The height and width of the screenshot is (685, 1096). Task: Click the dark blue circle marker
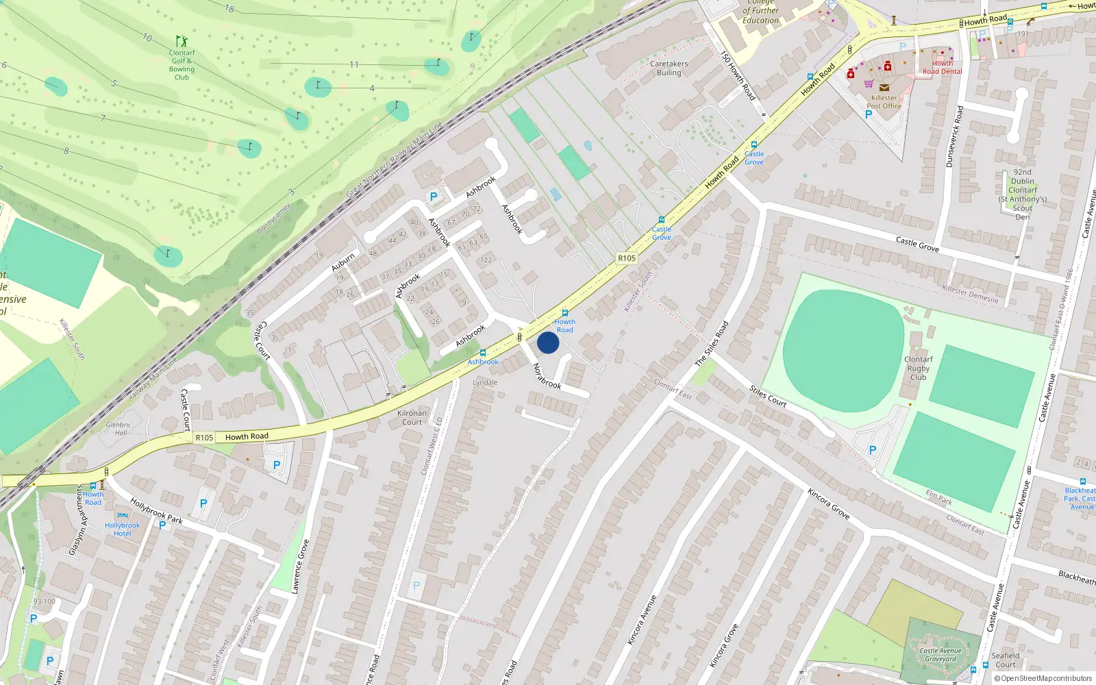click(548, 342)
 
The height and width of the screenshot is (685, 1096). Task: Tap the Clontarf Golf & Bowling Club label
click(182, 65)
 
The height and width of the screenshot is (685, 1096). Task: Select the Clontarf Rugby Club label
click(918, 368)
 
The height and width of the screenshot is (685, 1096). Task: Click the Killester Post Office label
click(884, 102)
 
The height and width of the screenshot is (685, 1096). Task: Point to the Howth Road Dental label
click(942, 67)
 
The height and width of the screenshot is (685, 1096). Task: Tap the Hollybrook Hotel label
click(123, 529)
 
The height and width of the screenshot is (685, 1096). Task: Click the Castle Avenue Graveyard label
click(940, 655)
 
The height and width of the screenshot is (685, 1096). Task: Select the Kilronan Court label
click(412, 417)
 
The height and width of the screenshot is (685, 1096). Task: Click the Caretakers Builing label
click(669, 68)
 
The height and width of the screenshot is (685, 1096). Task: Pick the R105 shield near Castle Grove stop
click(626, 258)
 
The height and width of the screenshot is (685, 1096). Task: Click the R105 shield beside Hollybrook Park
click(204, 438)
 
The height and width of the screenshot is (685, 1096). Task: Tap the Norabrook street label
click(547, 376)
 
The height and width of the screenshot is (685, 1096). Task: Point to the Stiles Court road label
click(767, 396)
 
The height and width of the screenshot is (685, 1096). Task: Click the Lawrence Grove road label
click(300, 566)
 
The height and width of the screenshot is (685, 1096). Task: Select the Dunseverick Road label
click(954, 136)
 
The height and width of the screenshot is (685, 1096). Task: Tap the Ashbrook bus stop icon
click(483, 353)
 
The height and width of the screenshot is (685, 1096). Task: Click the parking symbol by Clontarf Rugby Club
click(872, 450)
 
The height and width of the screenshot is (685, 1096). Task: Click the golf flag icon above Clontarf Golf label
click(181, 41)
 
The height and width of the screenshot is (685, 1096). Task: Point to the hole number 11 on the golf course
click(354, 64)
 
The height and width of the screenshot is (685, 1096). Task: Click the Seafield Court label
click(1005, 660)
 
